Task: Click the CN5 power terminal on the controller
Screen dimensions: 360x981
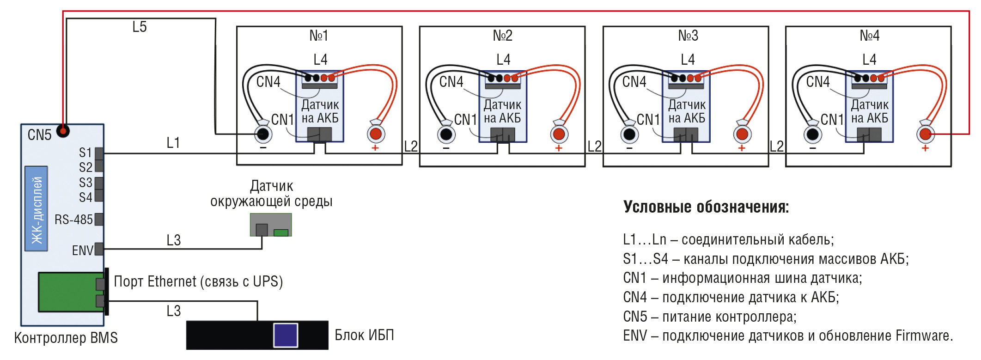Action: [63, 131]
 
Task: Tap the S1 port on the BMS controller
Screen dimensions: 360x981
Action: [99, 153]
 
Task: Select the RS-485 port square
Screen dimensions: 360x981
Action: [99, 219]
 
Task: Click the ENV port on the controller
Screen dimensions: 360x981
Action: [99, 249]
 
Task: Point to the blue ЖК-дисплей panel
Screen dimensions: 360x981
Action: [36, 209]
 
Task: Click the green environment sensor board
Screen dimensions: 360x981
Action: [271, 225]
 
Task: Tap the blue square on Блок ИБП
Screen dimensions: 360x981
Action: [286, 335]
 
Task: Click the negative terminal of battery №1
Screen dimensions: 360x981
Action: [263, 134]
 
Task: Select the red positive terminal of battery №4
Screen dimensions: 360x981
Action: [925, 134]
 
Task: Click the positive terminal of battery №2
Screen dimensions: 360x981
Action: [559, 134]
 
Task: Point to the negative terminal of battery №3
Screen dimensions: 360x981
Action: [629, 134]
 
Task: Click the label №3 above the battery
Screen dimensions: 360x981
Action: [688, 36]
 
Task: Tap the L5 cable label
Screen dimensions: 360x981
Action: [139, 27]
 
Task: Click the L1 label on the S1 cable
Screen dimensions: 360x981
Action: [173, 143]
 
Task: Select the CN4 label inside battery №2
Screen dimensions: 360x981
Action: [451, 82]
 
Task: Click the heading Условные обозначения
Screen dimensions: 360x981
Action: [706, 207]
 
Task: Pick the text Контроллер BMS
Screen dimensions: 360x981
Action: [66, 338]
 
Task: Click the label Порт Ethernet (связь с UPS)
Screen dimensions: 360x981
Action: [198, 281]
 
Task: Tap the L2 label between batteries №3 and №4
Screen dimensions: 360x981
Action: [777, 146]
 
